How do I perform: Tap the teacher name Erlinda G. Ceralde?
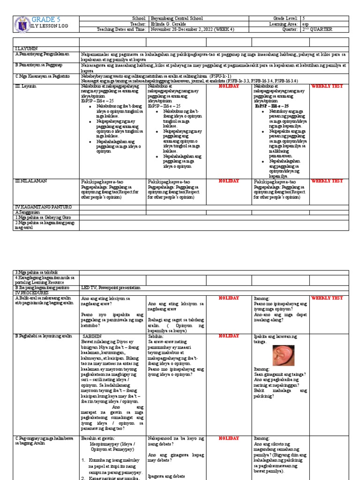(169, 23)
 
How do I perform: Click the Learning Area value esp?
(305, 23)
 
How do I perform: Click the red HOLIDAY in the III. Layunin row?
(229, 86)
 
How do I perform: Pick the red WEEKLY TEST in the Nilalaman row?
(327, 181)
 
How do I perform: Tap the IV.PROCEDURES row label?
(31, 292)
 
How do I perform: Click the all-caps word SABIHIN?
(92, 336)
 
